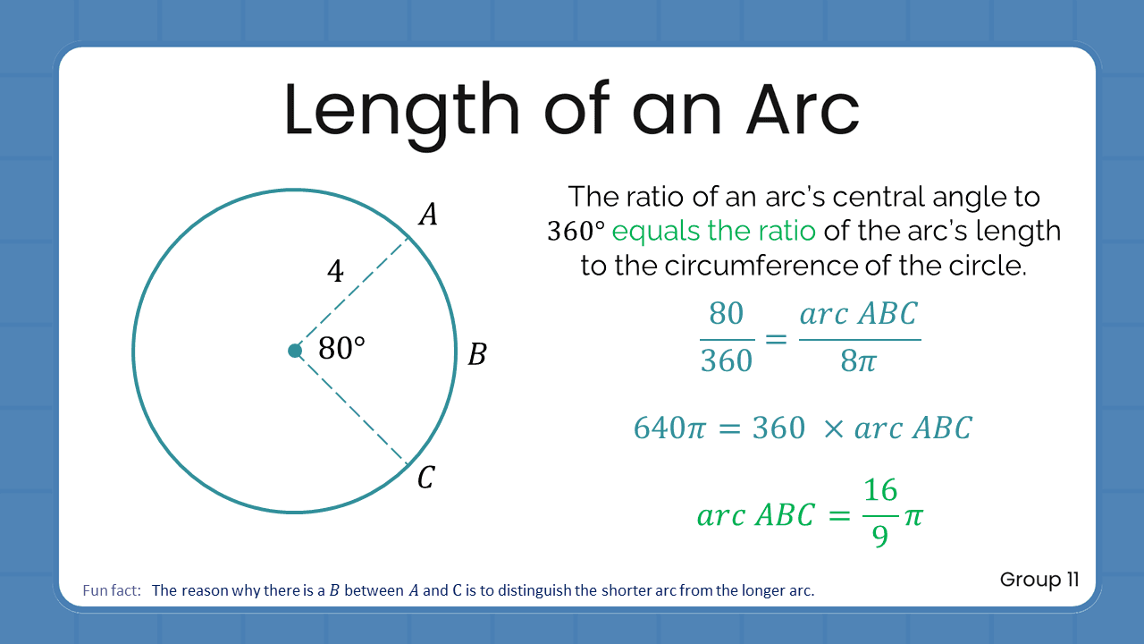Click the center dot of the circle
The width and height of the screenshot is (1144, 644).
click(295, 351)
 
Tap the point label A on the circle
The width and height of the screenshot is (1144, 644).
click(428, 215)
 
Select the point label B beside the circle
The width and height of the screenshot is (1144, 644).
click(477, 355)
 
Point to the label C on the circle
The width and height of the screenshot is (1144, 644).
click(425, 479)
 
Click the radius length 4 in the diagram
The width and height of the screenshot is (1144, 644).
click(335, 271)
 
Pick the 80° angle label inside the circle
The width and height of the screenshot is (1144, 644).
click(341, 349)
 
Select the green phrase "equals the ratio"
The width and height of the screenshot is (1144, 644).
click(713, 231)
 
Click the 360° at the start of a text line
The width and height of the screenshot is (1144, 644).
click(576, 232)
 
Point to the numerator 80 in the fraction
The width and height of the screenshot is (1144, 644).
click(726, 314)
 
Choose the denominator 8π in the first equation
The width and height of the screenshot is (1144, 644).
click(859, 360)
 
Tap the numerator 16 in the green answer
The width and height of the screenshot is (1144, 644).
click(880, 490)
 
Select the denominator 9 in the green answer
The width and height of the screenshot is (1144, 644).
click(880, 536)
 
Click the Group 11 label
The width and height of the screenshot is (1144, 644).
click(1039, 580)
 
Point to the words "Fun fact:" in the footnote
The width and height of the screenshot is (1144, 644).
click(112, 590)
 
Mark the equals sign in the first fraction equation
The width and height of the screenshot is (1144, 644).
click(776, 338)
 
